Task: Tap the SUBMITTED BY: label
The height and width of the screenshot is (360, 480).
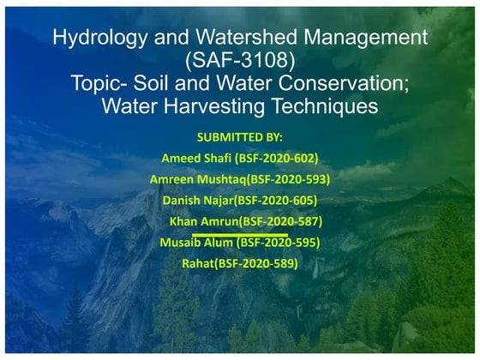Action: pyautogui.click(x=239, y=137)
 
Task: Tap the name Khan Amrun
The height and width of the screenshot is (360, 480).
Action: pyautogui.click(x=203, y=221)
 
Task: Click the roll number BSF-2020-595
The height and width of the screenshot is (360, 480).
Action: pyautogui.click(x=279, y=243)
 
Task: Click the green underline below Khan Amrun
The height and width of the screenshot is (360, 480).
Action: pyautogui.click(x=239, y=232)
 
